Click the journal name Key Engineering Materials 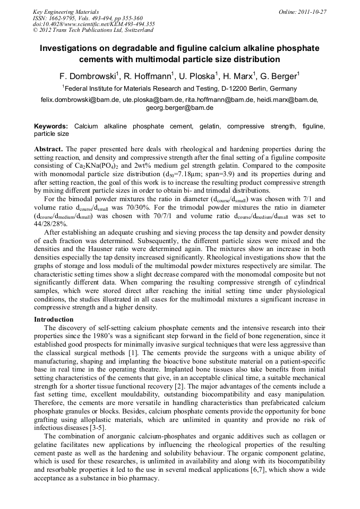[x=66, y=12]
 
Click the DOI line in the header [x=93, y=24]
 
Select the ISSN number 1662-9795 [x=68, y=18]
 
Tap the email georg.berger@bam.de [x=179, y=107]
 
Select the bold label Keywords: [x=51, y=126]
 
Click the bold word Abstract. [x=49, y=149]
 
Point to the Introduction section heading [x=54, y=320]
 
